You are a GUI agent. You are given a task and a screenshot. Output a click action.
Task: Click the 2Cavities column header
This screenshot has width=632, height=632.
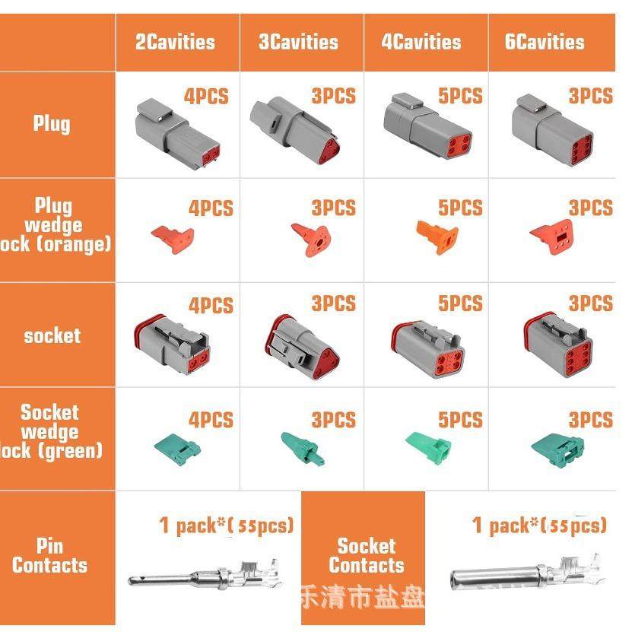coord(175,42)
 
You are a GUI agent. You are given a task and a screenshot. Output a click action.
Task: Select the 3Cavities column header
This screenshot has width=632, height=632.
coord(298,42)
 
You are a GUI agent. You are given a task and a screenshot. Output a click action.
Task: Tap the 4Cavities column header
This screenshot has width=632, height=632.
coord(421,42)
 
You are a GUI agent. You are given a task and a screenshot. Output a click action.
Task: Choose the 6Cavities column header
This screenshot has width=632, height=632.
coord(545,42)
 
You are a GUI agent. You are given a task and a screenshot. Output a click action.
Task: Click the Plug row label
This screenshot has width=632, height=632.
coord(52,123)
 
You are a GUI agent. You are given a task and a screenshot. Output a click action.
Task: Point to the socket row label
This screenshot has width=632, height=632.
coord(52,335)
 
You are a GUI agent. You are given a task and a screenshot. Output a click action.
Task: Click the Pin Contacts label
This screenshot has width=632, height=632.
coord(49,556)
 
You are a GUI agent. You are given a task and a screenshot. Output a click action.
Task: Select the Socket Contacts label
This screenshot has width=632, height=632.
coord(367,556)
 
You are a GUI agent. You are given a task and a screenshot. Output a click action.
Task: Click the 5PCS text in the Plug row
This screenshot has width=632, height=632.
coord(460,97)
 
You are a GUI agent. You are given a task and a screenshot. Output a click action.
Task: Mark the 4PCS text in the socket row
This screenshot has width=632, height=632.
coord(211,306)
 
